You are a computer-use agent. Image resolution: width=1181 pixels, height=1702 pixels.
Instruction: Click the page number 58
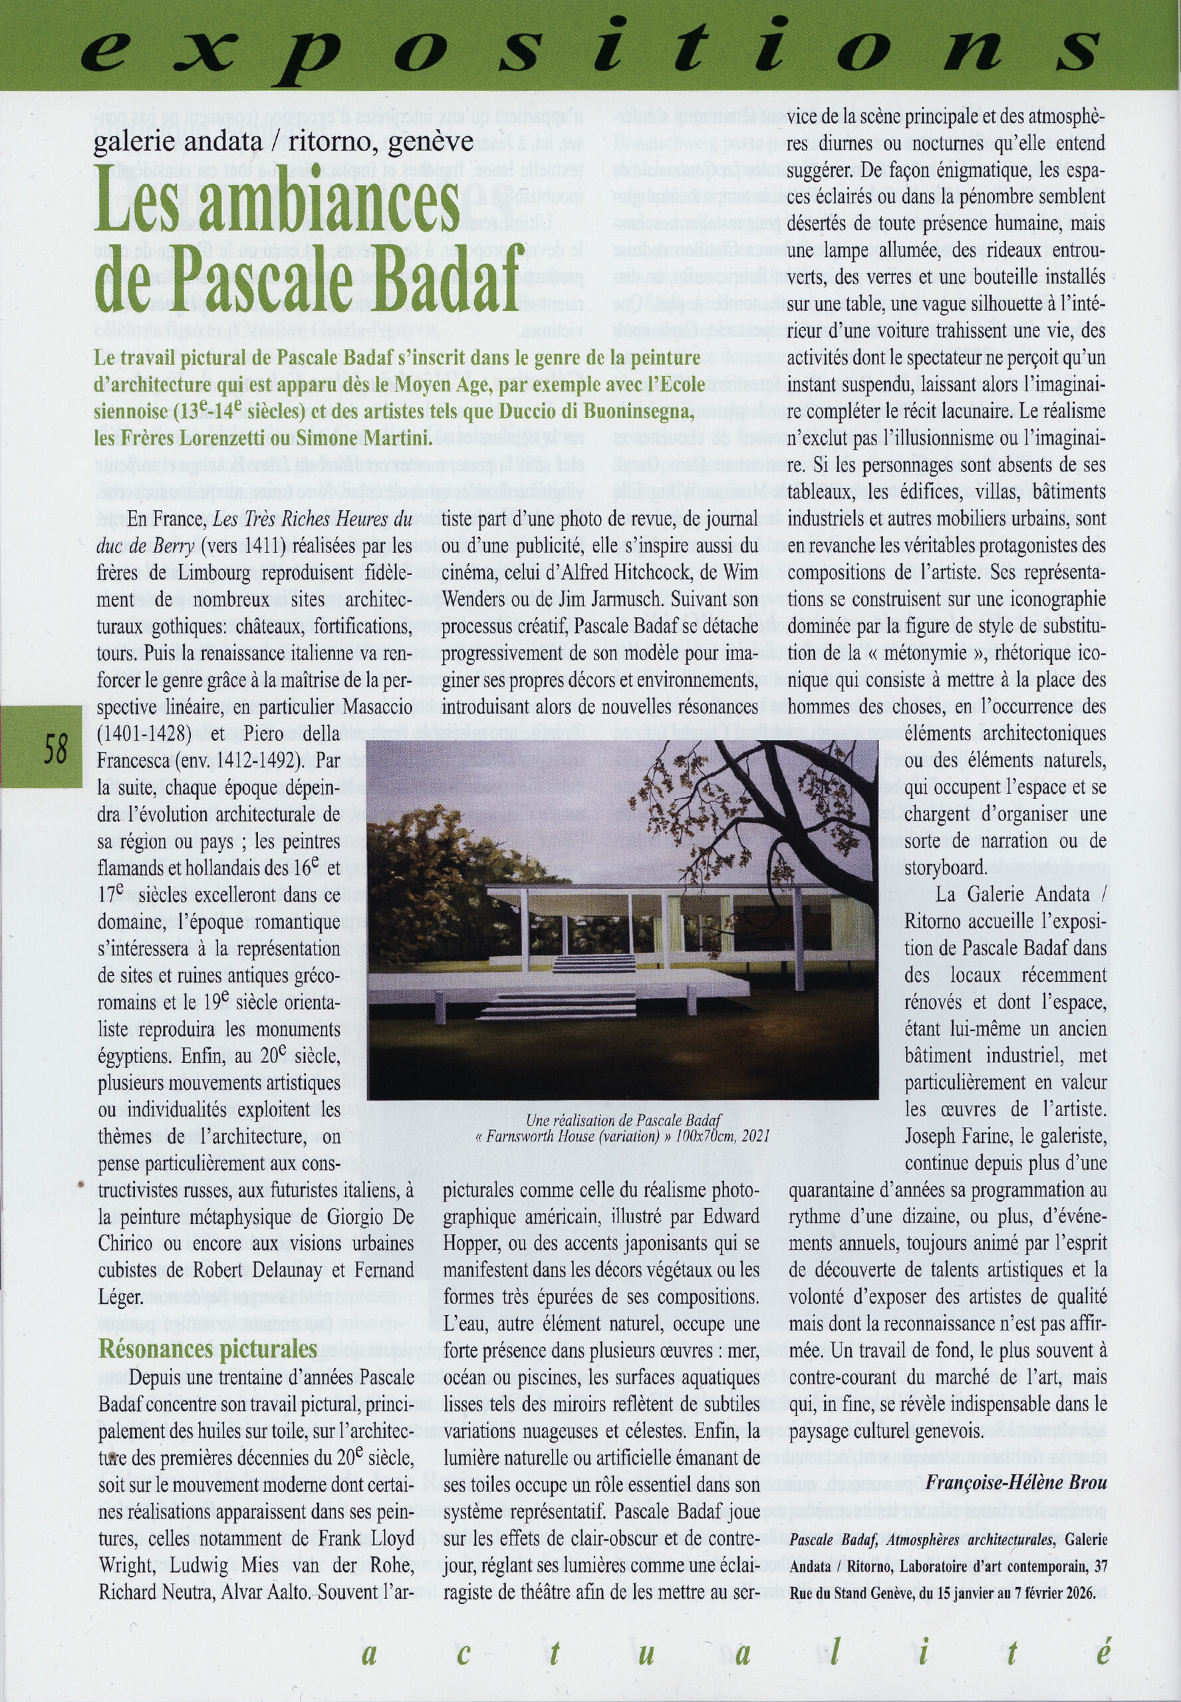55,750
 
